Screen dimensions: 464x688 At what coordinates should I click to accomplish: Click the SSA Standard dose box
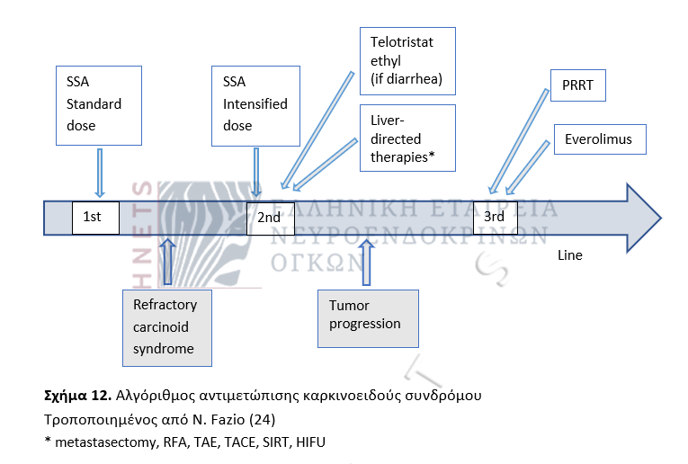(99, 103)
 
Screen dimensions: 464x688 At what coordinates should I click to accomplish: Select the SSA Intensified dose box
(256, 103)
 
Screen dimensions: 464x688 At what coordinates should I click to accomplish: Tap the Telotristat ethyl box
(407, 61)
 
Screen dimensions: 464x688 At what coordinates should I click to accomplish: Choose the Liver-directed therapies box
(407, 138)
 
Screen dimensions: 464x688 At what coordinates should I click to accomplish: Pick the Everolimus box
(599, 139)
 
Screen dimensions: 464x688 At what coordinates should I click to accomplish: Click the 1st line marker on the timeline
(95, 218)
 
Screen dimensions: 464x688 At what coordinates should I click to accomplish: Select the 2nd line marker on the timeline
(270, 218)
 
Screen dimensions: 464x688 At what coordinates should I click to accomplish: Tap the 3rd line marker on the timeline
(496, 218)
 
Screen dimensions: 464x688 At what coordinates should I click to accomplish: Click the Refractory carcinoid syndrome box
(166, 327)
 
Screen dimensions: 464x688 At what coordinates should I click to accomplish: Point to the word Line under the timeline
(570, 255)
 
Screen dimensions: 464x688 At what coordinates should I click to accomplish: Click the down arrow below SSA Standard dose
(100, 173)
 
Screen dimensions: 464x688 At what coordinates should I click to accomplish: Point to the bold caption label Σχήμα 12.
(76, 396)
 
